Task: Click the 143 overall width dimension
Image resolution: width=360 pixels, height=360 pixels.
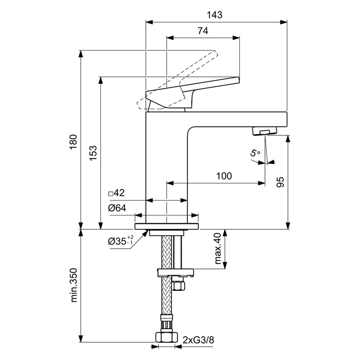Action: (x=215, y=15)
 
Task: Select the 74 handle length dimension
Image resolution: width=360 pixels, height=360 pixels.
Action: (x=202, y=30)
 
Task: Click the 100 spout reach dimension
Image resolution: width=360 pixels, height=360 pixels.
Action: (x=224, y=176)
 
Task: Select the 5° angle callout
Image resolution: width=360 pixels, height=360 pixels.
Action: (x=255, y=154)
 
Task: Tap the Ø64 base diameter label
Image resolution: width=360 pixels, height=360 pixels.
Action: (x=117, y=208)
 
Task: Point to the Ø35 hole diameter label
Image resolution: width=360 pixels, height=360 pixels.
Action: (x=120, y=241)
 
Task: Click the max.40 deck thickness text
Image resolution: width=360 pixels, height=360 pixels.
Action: (x=218, y=250)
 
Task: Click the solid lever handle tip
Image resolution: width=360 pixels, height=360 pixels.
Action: (x=235, y=79)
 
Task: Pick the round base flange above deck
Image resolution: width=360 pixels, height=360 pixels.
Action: (x=167, y=218)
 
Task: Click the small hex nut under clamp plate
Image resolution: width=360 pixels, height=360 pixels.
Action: (x=179, y=285)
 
